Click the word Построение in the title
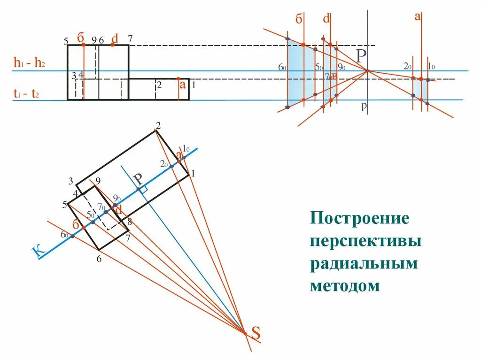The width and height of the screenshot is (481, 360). [359, 218]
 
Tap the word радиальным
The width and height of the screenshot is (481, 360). [364, 263]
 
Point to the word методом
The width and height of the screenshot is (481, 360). [345, 285]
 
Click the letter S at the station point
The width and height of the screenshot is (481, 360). [256, 333]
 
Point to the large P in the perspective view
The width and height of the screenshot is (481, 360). [361, 56]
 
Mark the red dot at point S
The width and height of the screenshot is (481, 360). [244, 333]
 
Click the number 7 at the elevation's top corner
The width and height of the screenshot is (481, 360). [130, 38]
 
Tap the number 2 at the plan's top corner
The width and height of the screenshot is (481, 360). [158, 125]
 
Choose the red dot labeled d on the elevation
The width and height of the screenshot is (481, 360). [112, 45]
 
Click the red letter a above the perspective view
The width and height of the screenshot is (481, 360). [417, 17]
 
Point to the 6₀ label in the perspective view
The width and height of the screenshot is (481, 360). [282, 68]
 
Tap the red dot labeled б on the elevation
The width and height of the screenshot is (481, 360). [83, 45]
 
